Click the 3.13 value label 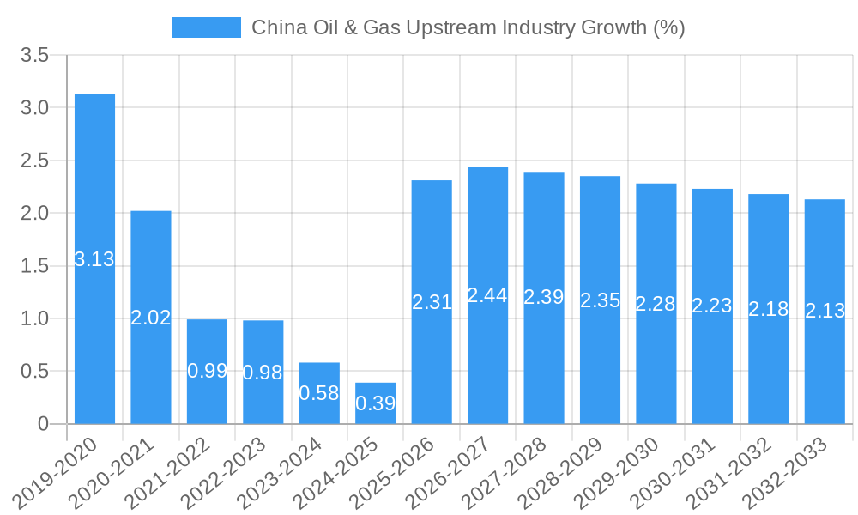point(94,259)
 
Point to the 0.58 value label point(319,393)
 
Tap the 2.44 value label point(487,295)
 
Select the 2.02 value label point(151,318)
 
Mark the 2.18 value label point(769,309)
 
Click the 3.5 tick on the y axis point(35,56)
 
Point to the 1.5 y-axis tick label point(35,266)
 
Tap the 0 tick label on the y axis point(44,424)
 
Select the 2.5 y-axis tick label point(35,161)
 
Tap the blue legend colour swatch point(207,27)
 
